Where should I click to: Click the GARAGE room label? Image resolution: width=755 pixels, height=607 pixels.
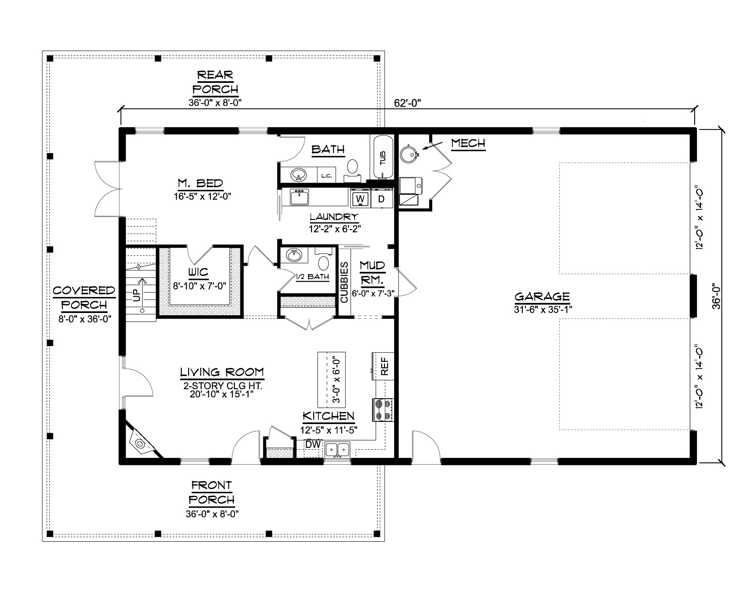(x=542, y=297)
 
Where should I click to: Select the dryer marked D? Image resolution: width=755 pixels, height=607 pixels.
(x=381, y=199)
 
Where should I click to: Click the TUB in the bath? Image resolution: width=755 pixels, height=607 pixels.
(x=383, y=157)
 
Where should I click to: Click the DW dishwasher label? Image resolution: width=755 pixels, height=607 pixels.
(x=313, y=444)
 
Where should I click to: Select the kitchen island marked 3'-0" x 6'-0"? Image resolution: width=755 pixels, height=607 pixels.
(x=332, y=380)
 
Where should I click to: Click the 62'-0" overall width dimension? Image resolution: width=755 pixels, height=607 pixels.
(x=408, y=103)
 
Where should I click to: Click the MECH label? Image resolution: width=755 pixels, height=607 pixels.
(x=468, y=143)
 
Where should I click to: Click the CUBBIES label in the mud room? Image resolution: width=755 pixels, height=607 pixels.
(x=344, y=283)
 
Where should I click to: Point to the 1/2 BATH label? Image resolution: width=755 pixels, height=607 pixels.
(x=312, y=277)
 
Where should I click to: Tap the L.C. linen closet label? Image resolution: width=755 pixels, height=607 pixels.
(x=326, y=176)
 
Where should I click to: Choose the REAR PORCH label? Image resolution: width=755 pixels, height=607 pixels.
(x=215, y=82)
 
